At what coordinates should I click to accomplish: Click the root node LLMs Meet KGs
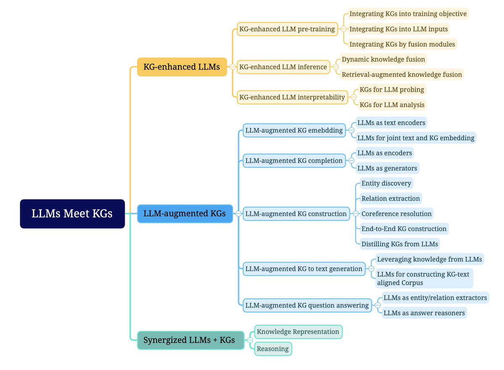click(x=72, y=214)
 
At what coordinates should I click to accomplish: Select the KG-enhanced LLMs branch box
click(x=181, y=67)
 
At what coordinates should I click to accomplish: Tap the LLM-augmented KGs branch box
click(x=184, y=213)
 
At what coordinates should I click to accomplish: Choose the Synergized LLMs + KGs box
click(x=191, y=340)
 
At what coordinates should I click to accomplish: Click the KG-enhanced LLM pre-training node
click(x=287, y=29)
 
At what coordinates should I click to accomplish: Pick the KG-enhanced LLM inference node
click(x=283, y=67)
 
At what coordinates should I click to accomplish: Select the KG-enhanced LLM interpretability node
click(x=292, y=97)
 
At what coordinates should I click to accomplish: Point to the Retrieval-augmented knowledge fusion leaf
click(x=402, y=75)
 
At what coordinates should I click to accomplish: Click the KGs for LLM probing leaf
click(x=392, y=89)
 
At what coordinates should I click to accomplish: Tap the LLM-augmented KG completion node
click(x=294, y=160)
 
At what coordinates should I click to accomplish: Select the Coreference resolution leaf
click(x=396, y=214)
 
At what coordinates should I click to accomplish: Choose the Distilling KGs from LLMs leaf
click(x=399, y=244)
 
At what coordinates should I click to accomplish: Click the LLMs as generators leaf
click(x=387, y=168)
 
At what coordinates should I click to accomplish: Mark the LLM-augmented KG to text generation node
click(x=304, y=269)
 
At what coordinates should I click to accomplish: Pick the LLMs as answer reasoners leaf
click(x=424, y=313)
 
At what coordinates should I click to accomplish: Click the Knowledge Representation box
click(x=298, y=332)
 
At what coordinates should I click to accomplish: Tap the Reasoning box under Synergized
click(x=273, y=349)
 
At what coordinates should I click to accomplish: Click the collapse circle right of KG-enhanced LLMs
click(x=232, y=67)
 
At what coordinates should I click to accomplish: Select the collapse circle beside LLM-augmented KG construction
click(x=355, y=214)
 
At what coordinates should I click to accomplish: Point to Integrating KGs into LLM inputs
click(x=398, y=29)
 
